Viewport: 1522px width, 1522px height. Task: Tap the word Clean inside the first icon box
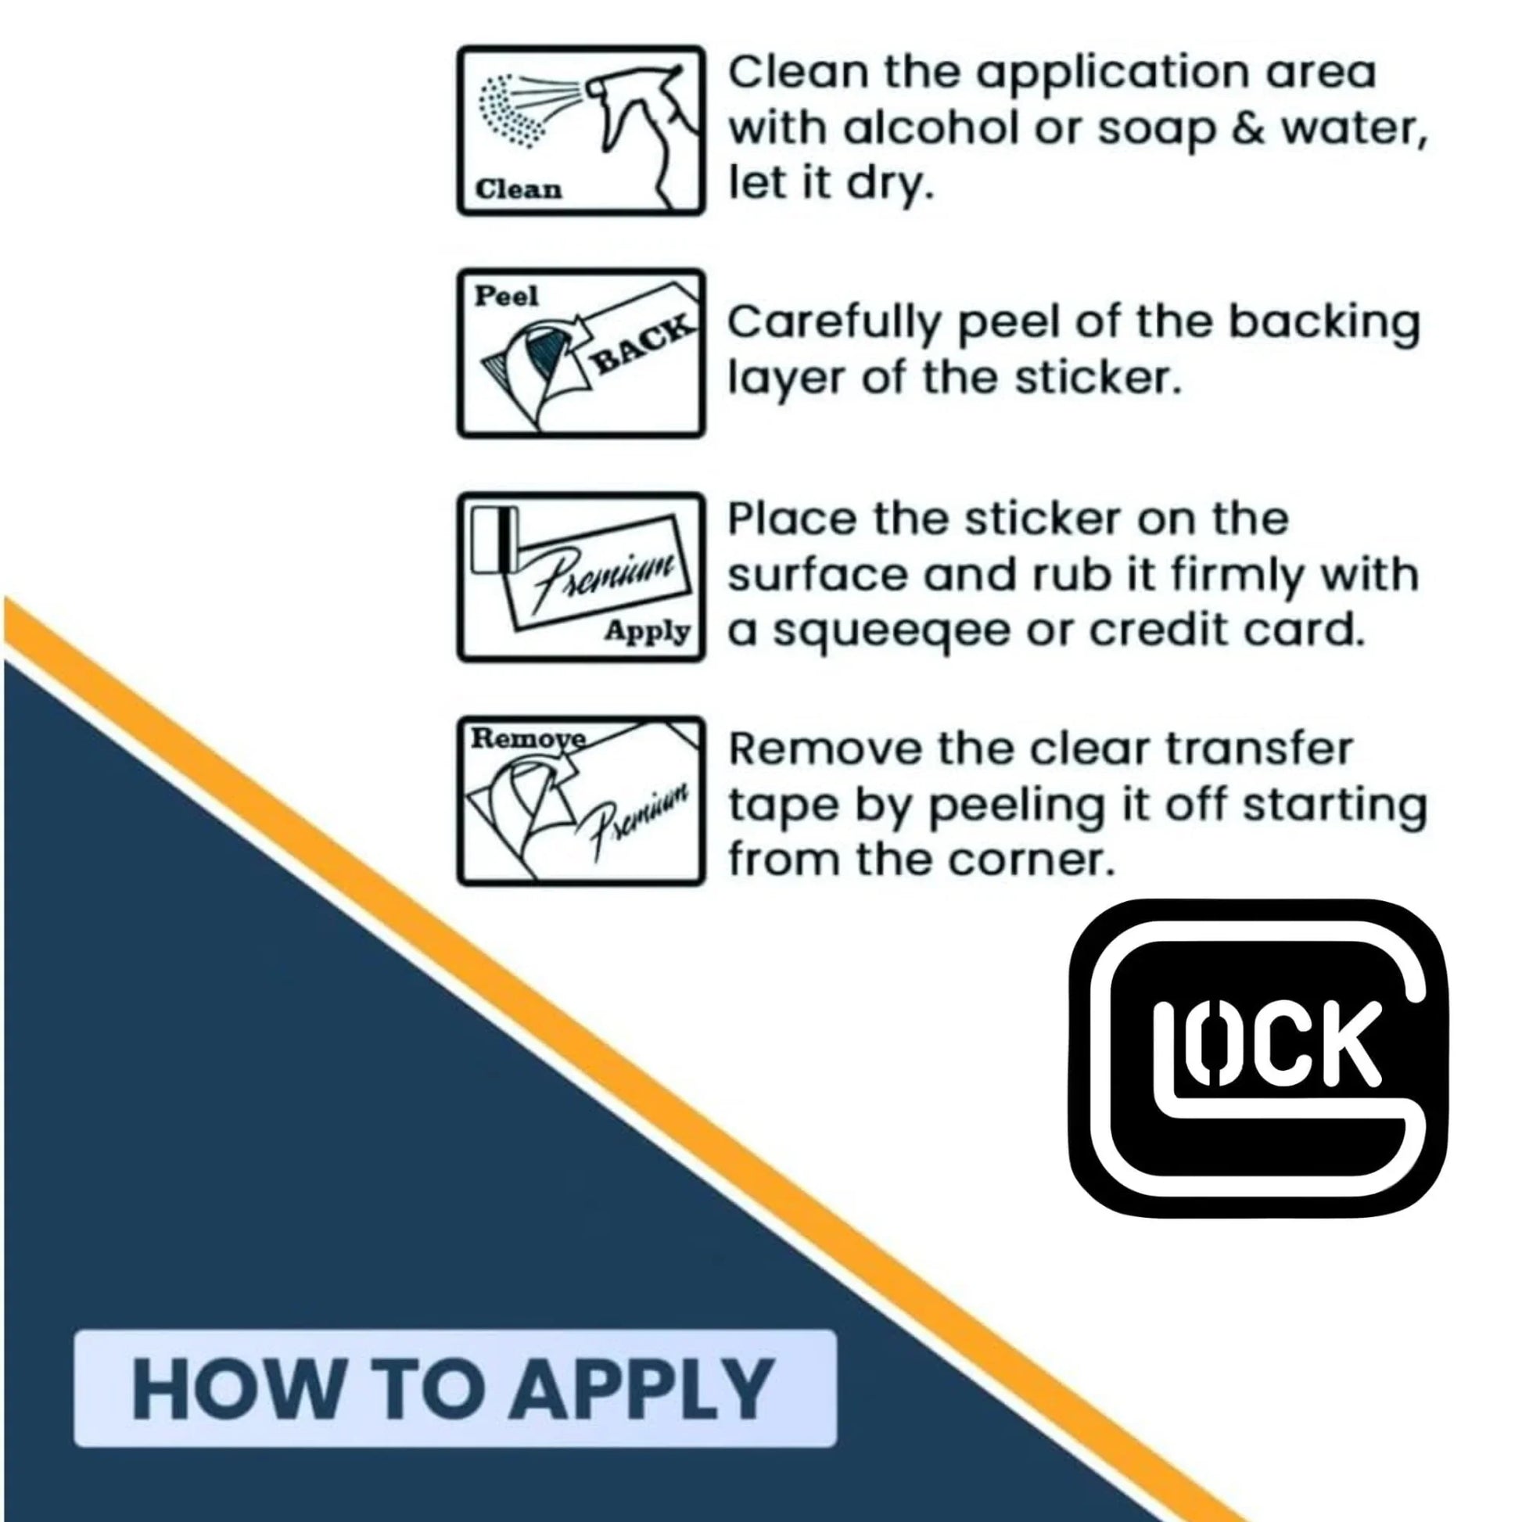(519, 190)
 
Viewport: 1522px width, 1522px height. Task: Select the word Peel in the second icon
(506, 296)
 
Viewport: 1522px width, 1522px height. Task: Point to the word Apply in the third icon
(648, 631)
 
